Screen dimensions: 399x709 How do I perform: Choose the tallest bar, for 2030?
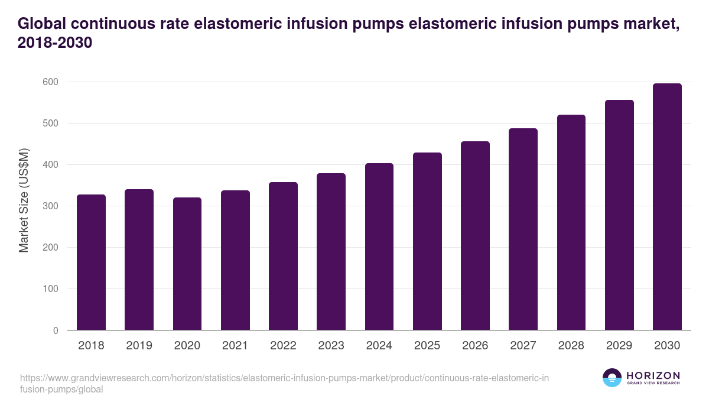click(667, 206)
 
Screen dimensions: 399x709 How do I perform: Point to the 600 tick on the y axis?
click(50, 82)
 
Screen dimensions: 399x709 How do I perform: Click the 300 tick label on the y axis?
click(50, 206)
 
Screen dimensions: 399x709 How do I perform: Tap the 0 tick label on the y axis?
click(56, 330)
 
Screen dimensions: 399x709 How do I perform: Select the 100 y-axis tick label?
click(50, 289)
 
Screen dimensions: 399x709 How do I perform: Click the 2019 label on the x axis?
click(139, 346)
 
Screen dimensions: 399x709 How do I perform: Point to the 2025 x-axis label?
click(427, 346)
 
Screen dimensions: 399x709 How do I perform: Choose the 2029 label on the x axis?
click(619, 346)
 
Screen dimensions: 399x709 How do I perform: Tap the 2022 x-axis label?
click(283, 346)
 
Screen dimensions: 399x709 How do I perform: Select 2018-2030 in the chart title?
click(55, 44)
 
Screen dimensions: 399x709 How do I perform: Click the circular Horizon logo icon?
click(612, 378)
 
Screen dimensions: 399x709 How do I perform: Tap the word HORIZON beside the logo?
click(653, 375)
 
